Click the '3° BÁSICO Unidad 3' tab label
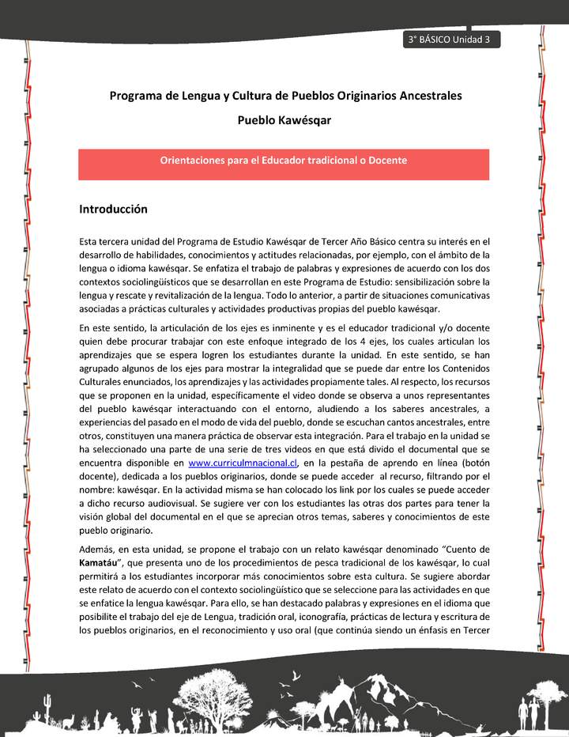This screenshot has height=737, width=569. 448,40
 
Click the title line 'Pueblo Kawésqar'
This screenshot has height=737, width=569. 284,120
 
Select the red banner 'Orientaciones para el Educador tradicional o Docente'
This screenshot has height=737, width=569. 284,161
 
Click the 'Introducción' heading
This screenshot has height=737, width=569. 114,210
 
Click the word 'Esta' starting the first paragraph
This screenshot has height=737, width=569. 89,240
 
